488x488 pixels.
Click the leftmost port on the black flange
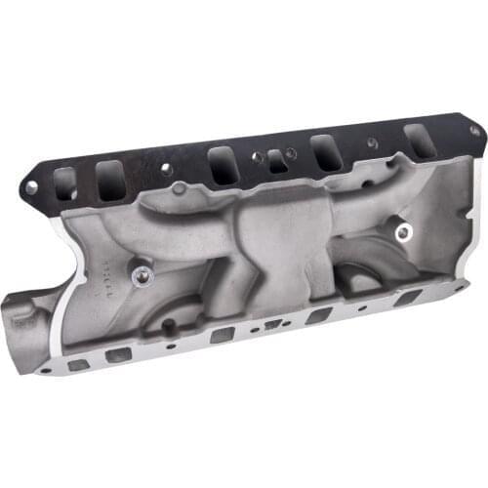tap(65, 182)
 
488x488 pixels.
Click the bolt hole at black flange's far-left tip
tap(31, 185)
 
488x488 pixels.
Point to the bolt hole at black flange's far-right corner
tap(473, 130)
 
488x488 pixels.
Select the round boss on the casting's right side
tap(401, 232)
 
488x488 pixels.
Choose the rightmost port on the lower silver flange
tap(407, 298)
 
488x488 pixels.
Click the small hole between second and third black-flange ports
tap(166, 169)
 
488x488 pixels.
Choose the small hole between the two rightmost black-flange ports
tap(372, 142)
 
